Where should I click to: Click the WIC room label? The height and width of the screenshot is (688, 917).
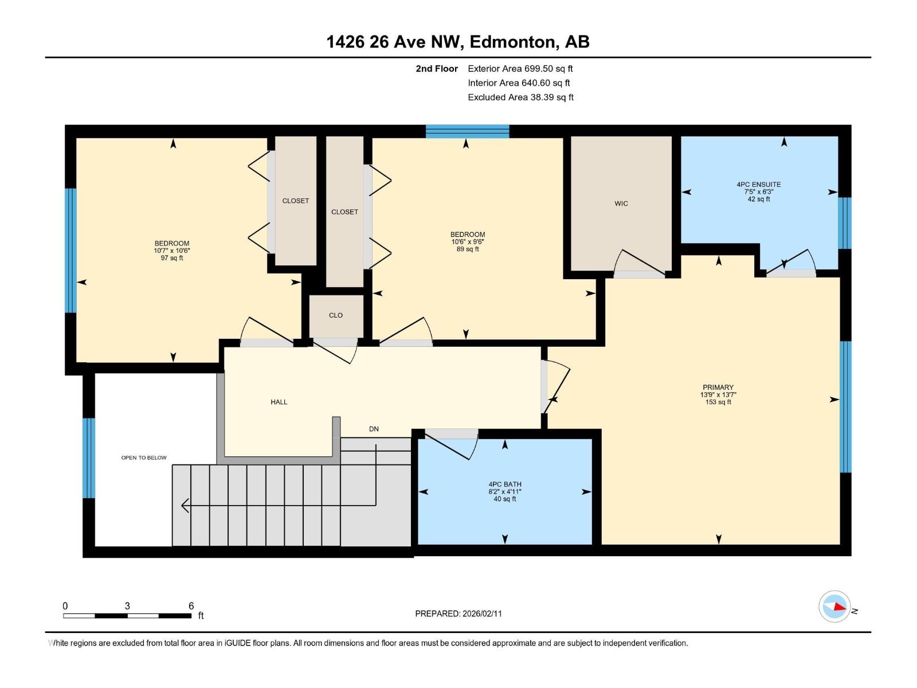(x=621, y=204)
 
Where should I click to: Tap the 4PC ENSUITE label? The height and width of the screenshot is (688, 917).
(x=758, y=185)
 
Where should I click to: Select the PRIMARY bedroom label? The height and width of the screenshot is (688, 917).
(x=718, y=388)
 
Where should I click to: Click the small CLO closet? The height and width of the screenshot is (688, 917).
(x=336, y=315)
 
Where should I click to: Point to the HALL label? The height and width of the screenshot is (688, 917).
(x=279, y=402)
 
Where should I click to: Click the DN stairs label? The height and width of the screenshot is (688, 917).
(x=374, y=429)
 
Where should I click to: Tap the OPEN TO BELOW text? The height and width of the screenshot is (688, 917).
(x=144, y=458)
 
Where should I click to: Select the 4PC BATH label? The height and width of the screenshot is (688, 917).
(x=504, y=484)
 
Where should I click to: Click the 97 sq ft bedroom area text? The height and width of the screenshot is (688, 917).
(x=172, y=258)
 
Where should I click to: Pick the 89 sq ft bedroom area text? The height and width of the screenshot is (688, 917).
(x=468, y=249)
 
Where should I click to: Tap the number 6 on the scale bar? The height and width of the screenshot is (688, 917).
(x=191, y=606)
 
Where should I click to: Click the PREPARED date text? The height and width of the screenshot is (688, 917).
(x=458, y=613)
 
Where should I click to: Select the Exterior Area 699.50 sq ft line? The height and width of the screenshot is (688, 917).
(x=520, y=69)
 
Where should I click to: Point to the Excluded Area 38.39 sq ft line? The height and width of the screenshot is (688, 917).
(x=520, y=97)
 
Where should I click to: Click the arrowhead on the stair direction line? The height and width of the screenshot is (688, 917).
(x=185, y=505)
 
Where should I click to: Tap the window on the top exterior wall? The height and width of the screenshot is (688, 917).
(x=467, y=131)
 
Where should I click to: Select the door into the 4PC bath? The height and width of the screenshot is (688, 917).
(x=450, y=444)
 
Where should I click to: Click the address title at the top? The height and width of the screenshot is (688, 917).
(x=458, y=42)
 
